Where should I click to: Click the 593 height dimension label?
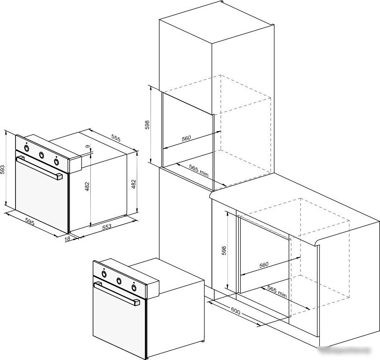[x=3, y=170]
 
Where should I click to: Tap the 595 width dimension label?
[x=30, y=222]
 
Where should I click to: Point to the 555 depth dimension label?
[x=116, y=138]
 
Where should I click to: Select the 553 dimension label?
[x=107, y=226]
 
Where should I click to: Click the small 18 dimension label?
[x=67, y=239]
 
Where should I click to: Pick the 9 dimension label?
[x=87, y=146]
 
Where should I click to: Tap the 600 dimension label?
[x=235, y=311]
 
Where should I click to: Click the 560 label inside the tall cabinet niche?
[x=186, y=139]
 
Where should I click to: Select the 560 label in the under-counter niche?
[x=264, y=265]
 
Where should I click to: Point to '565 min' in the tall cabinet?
[x=199, y=170]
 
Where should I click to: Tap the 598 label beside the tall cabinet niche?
[x=147, y=125]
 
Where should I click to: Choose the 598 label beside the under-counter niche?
[x=224, y=251]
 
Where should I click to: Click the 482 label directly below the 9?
[x=87, y=186]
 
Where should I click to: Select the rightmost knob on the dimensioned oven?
[x=56, y=162]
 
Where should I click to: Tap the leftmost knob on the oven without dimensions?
[x=104, y=274]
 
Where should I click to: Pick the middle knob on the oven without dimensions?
[x=119, y=281]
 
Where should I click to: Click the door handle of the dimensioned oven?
[x=39, y=168]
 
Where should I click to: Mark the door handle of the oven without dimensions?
[x=117, y=294]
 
